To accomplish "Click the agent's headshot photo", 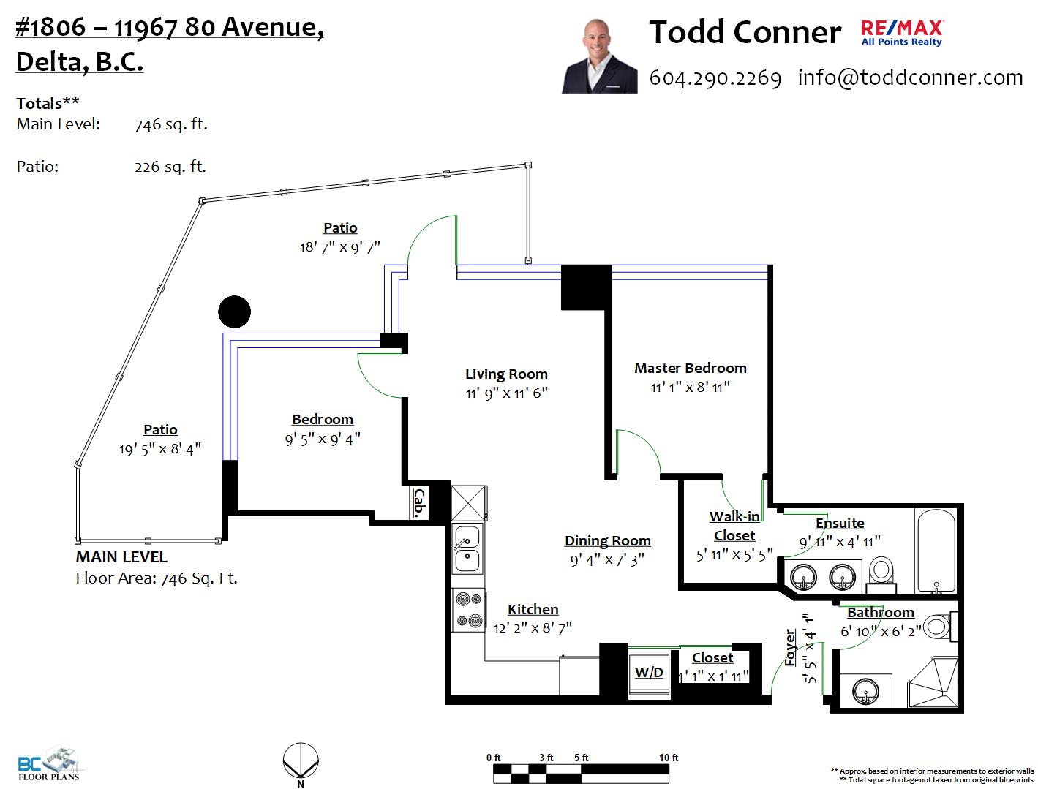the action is coord(598,56).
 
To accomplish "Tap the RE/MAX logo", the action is coord(901,33).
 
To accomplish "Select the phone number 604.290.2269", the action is coord(715,78).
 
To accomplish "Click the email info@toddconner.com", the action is coord(910,78).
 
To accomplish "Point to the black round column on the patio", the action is coord(234,312).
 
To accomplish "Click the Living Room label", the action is coord(506,374).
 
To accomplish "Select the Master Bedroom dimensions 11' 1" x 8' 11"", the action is coord(690,388).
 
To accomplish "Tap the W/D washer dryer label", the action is coord(649,672).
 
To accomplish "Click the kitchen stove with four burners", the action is coord(467,610).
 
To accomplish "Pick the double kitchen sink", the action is coord(467,548).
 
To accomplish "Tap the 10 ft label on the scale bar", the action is coord(668,758).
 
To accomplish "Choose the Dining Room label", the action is coord(607,541).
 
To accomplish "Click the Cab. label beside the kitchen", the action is coord(419,503).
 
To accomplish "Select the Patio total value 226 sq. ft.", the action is coord(170,167).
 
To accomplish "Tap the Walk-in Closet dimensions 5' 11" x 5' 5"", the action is coord(734,555).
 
